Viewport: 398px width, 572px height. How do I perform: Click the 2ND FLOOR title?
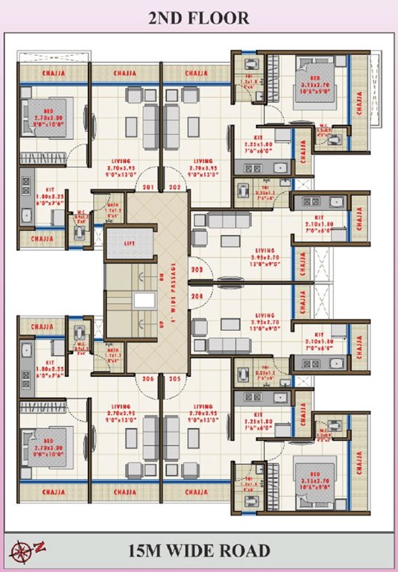click(198, 19)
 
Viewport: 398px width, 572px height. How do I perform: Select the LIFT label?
click(130, 241)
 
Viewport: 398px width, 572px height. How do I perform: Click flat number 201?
click(148, 186)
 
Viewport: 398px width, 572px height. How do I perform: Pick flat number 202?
click(174, 186)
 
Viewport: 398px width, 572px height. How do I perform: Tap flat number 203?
click(198, 270)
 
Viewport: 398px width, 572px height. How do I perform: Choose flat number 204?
click(198, 295)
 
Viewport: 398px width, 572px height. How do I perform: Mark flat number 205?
click(174, 378)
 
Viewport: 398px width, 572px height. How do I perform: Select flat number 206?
click(148, 378)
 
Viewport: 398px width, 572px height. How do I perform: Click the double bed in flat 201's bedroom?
click(46, 118)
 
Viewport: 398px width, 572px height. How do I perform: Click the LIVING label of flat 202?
click(203, 161)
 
